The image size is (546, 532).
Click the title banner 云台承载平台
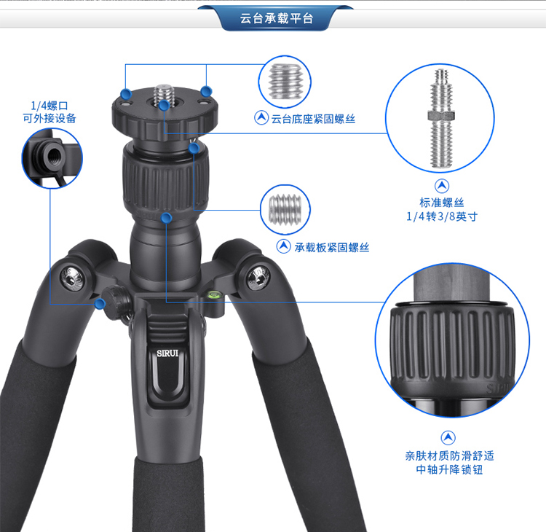[x=277, y=18]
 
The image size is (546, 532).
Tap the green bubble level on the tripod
[x=212, y=295]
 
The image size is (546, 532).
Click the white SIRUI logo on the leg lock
[x=167, y=353]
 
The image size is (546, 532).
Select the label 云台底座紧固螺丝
[x=313, y=119]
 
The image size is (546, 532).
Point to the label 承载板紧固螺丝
[x=332, y=248]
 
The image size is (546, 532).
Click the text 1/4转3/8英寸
[x=442, y=216]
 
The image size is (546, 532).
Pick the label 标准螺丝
[x=442, y=202]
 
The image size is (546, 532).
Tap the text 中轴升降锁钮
[x=450, y=469]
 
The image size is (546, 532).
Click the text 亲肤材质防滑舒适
[x=450, y=455]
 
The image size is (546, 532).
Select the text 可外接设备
[x=50, y=118]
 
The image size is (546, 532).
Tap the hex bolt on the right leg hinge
[x=258, y=277]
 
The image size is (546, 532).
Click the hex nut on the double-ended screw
[x=442, y=115]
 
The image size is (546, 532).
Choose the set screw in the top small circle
[x=285, y=81]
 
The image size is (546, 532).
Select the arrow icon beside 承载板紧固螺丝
[x=284, y=246]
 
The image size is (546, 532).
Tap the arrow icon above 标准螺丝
[x=442, y=186]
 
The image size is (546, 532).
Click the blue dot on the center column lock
[x=167, y=218]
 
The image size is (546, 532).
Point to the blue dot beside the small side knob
[x=100, y=304]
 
